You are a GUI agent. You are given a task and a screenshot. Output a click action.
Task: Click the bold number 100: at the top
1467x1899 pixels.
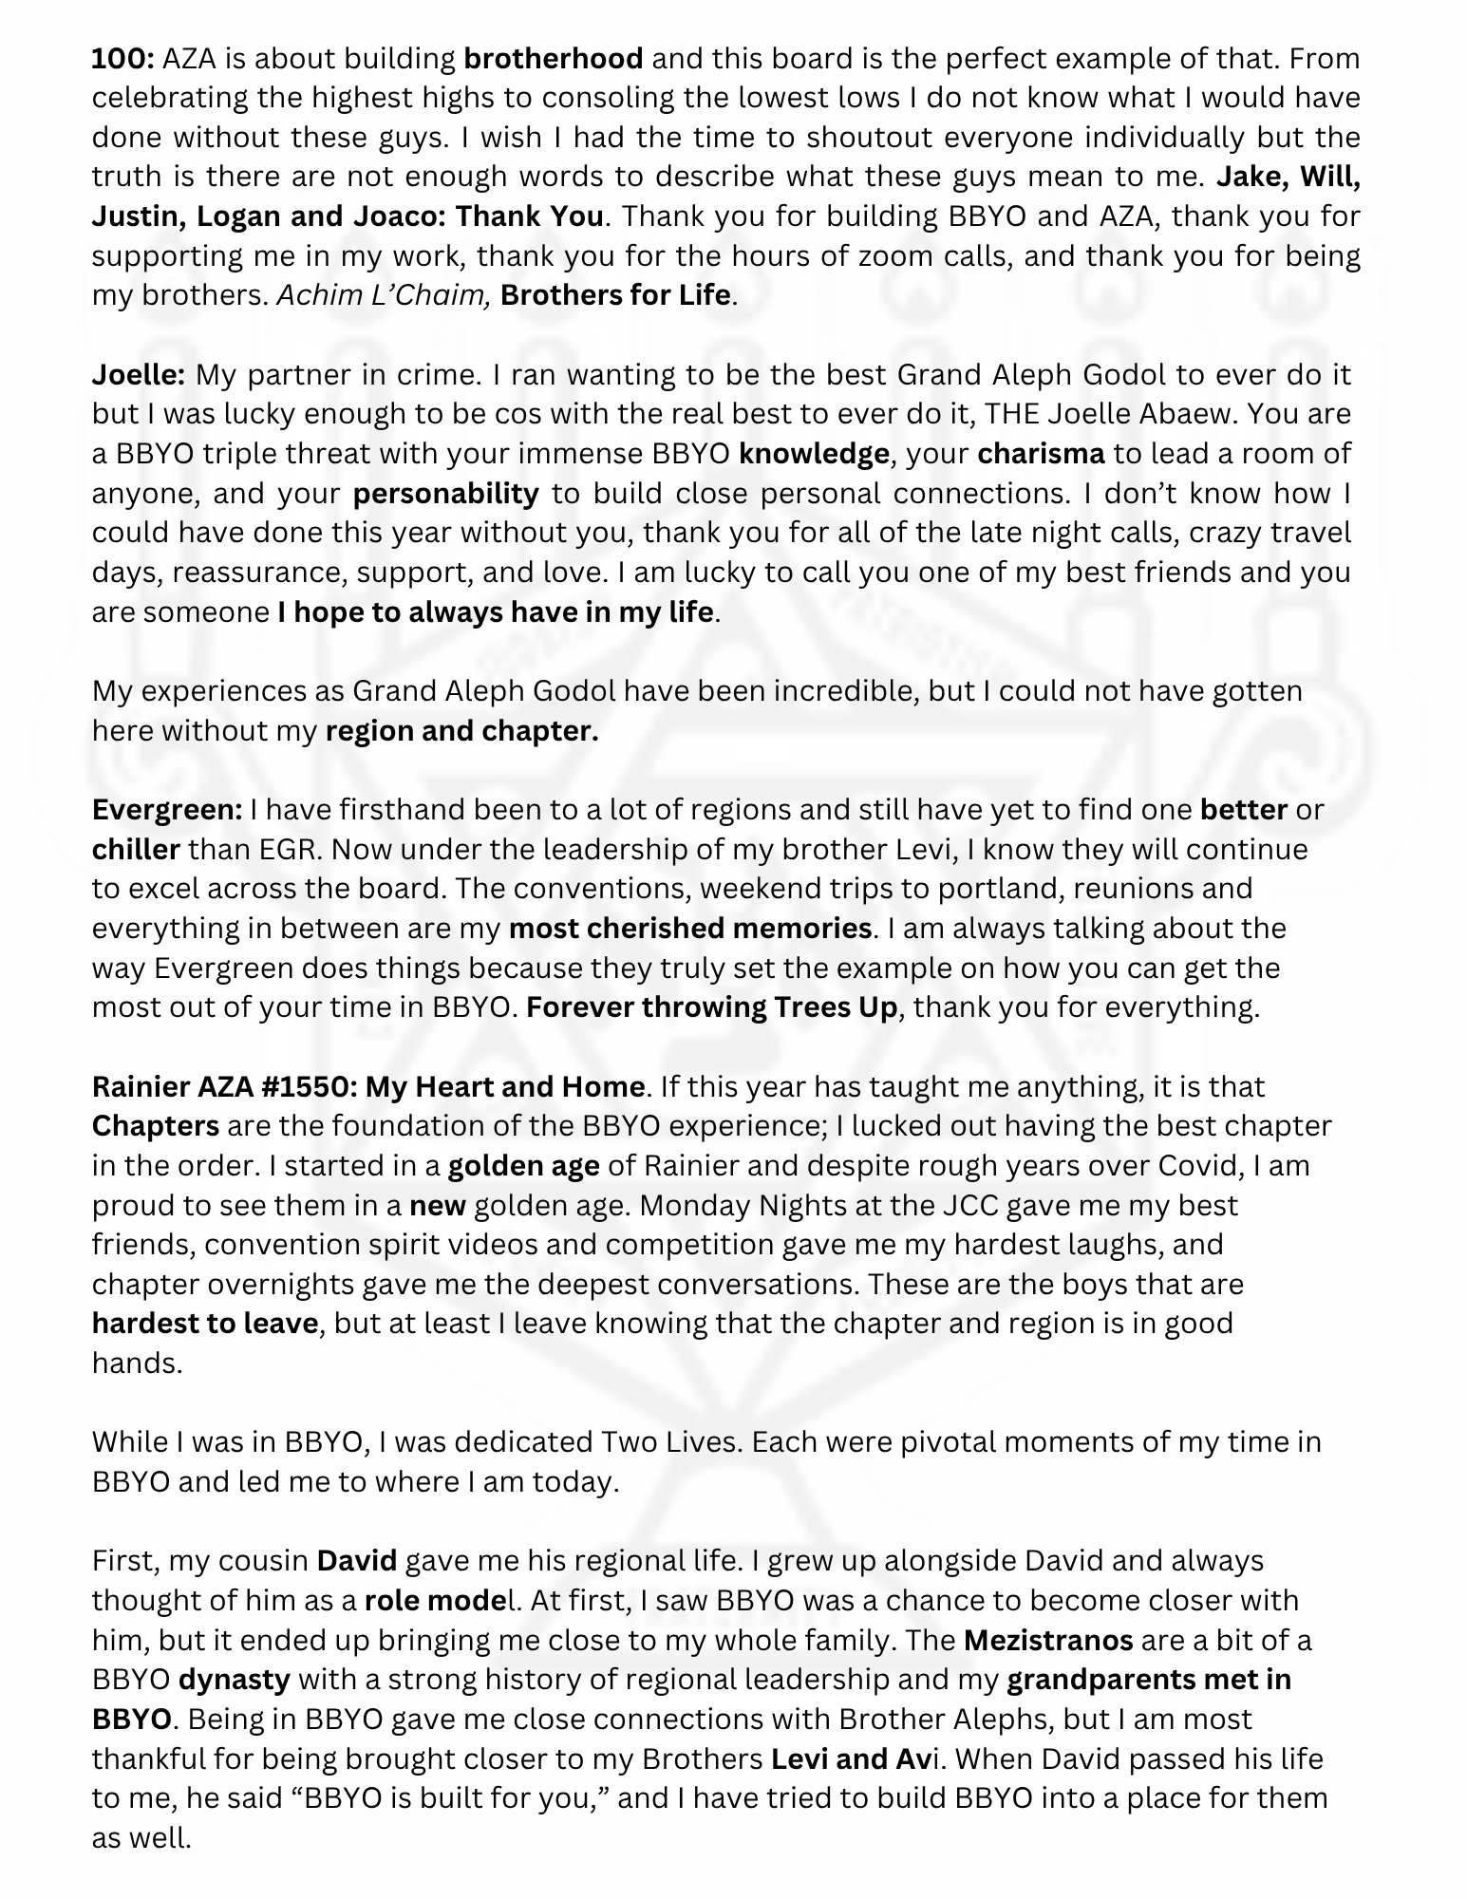coord(122,59)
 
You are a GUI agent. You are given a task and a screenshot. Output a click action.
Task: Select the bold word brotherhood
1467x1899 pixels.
coord(554,59)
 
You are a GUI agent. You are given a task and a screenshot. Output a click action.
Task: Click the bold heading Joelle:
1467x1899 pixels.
coord(139,375)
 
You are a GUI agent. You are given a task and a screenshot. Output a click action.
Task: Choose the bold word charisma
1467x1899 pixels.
coord(1041,454)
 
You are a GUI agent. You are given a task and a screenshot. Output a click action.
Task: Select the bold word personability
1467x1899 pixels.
coord(445,494)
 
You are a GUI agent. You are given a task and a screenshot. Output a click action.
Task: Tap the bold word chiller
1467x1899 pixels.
coord(136,849)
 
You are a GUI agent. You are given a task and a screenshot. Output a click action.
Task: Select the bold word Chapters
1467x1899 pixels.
coord(156,1126)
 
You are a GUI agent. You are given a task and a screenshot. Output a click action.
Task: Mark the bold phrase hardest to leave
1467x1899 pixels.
coord(204,1324)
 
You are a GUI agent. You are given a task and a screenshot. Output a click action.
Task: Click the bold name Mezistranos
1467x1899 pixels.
coord(1048,1640)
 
